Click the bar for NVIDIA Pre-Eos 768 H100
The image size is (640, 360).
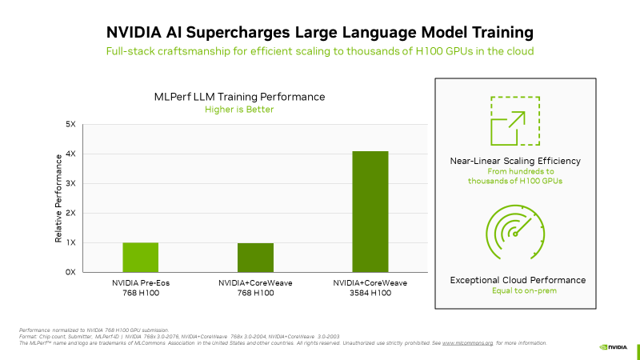coord(141,257)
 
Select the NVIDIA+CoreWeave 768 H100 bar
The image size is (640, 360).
coord(255,258)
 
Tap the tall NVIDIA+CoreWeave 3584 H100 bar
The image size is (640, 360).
coord(370,211)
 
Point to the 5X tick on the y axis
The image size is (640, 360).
coord(70,125)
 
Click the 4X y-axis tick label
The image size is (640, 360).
coord(70,154)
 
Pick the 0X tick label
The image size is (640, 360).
coord(70,272)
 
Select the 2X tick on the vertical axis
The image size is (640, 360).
coord(70,214)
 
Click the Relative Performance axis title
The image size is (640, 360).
coord(58,198)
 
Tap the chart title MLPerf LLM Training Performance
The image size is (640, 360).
coord(239,97)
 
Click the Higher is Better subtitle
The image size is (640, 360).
coord(239,110)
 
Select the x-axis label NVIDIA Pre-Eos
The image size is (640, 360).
coord(141,283)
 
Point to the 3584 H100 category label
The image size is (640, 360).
coord(370,294)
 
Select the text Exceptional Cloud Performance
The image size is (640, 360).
coord(518,280)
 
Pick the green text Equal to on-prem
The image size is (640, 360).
coord(518,291)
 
